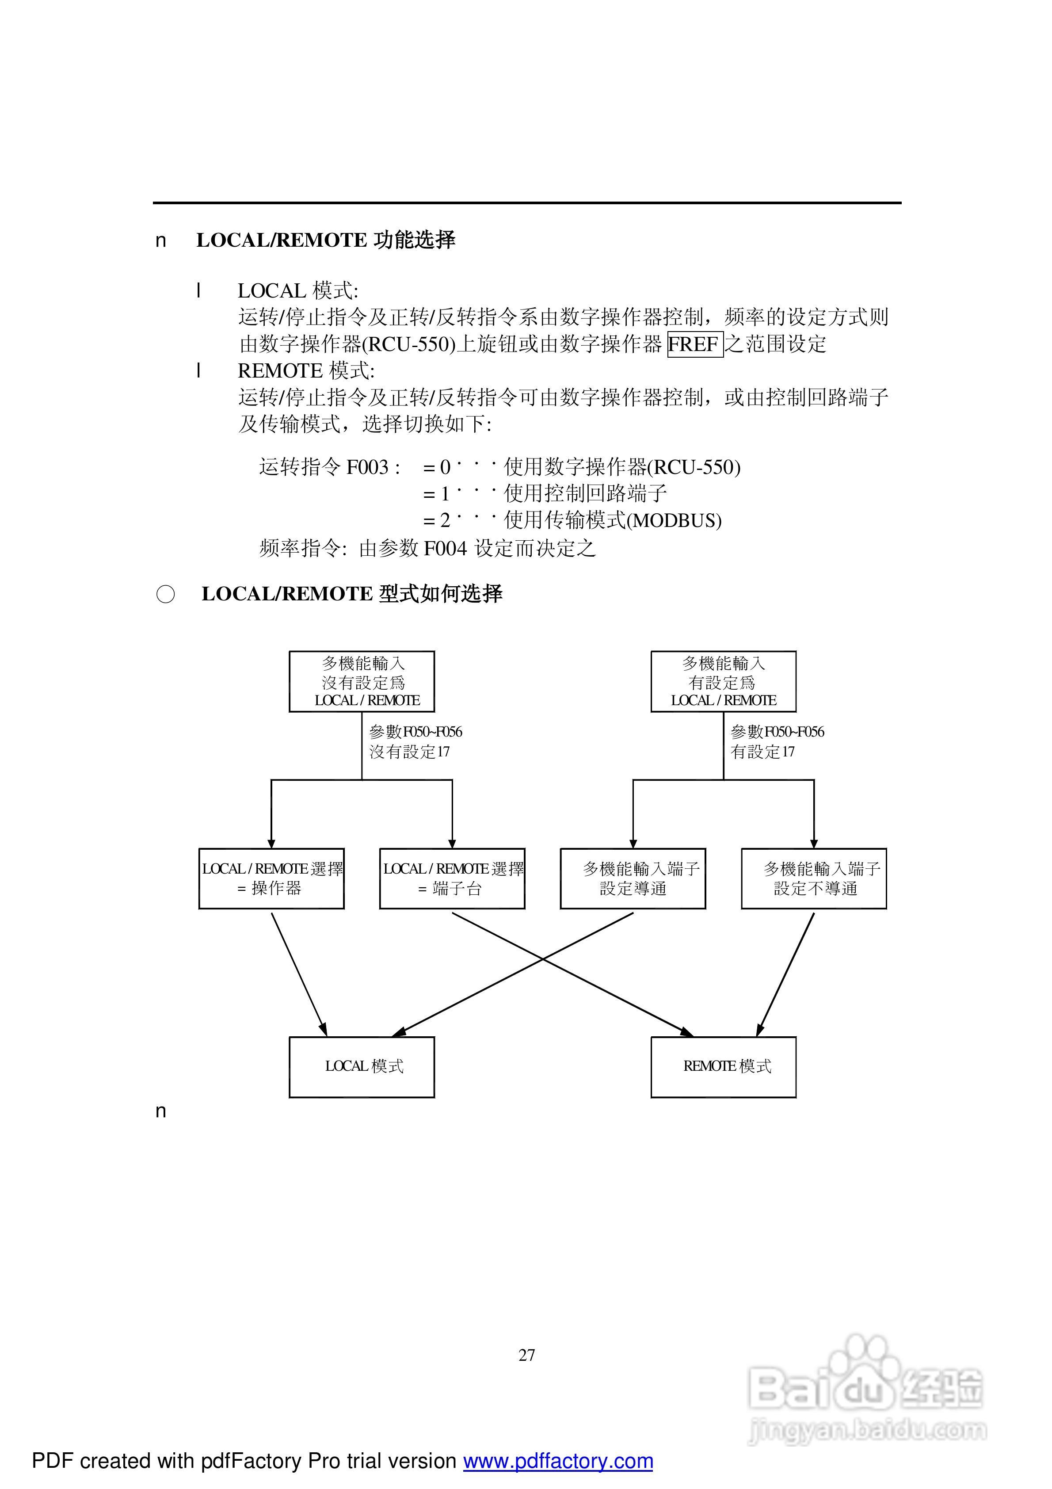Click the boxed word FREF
(x=695, y=344)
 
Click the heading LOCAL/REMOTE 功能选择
(x=326, y=240)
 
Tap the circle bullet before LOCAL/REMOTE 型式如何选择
(x=165, y=594)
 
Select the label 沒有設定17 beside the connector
(x=409, y=752)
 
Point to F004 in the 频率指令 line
(x=446, y=548)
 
